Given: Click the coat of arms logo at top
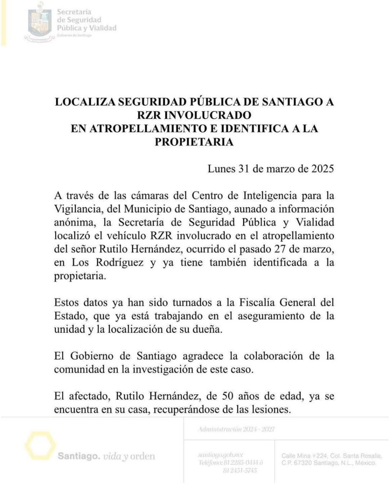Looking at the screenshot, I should (40, 22).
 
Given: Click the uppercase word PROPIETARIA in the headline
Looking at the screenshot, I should (194, 142).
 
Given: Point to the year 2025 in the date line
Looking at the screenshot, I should (321, 168).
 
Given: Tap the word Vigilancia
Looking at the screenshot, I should (77, 209).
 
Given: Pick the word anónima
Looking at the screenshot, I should (71, 222).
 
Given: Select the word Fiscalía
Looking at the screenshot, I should (256, 303).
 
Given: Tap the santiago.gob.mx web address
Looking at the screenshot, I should (220, 455).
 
